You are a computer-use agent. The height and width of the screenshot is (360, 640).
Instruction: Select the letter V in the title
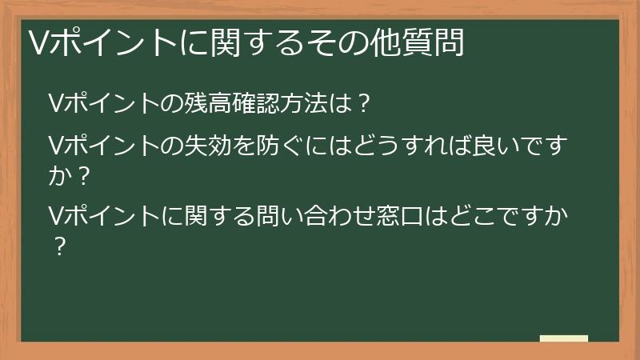tap(37, 42)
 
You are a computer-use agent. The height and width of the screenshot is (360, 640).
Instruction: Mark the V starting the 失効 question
tap(55, 147)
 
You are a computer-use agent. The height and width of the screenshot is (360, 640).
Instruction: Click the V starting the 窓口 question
tap(55, 216)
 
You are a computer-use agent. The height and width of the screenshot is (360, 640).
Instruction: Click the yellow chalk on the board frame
tap(563, 338)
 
